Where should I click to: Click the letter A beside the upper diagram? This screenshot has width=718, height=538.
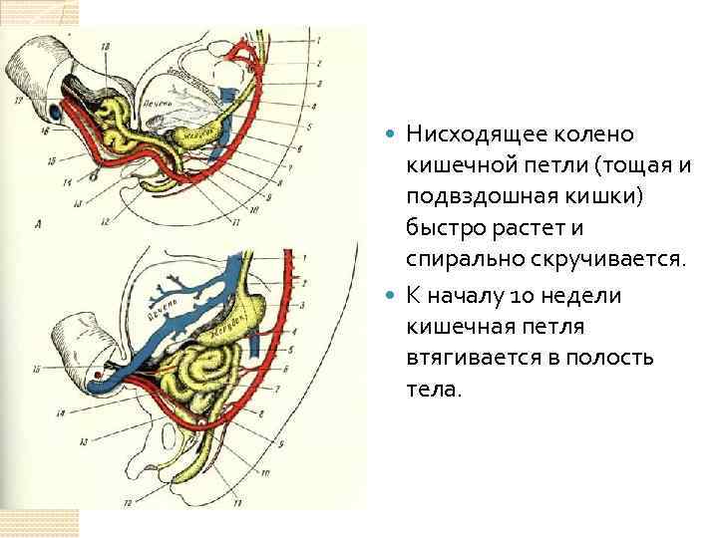pos(37,225)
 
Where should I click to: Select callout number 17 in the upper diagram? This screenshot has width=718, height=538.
pos(17,100)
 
